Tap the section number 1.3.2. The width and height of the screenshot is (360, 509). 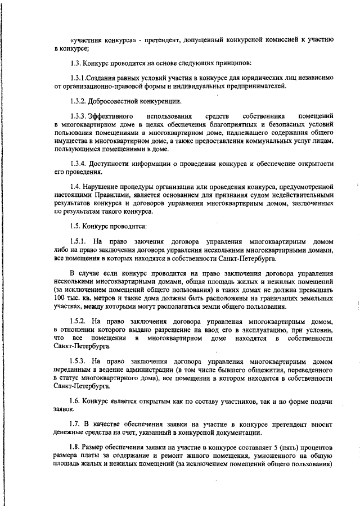click(x=78, y=102)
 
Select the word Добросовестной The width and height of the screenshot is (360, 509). click(x=116, y=102)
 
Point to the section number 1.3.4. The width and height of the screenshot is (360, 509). click(x=78, y=164)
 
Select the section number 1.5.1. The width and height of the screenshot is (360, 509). click(x=78, y=242)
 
